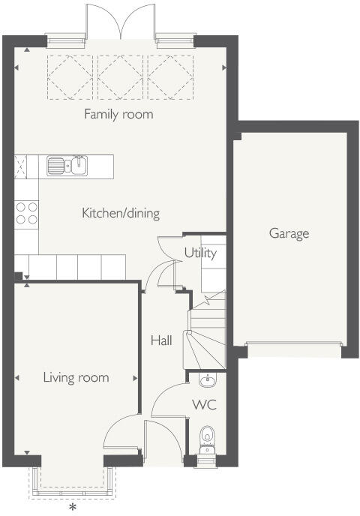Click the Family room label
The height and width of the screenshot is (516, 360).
(118, 115)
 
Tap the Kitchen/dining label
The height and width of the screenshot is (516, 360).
(121, 214)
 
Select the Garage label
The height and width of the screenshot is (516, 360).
(289, 233)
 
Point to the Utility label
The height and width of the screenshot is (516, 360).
(201, 253)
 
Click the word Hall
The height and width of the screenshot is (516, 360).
(161, 340)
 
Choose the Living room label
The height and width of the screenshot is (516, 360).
(76, 377)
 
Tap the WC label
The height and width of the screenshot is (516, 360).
(204, 405)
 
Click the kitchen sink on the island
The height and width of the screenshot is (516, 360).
(67, 165)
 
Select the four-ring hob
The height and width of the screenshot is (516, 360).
(27, 213)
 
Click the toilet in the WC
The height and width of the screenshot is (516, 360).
(206, 438)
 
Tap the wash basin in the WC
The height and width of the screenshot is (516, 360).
(209, 382)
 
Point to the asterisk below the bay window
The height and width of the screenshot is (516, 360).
(73, 508)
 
